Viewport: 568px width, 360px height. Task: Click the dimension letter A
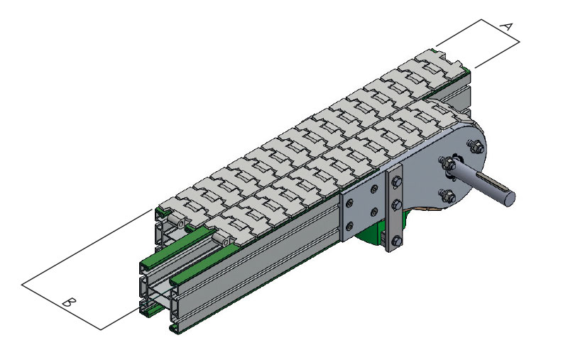point(506,26)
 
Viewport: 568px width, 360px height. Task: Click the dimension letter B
point(68,302)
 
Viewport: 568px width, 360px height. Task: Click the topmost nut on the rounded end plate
point(476,146)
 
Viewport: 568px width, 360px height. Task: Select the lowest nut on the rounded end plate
point(447,195)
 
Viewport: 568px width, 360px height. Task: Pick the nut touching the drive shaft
point(448,163)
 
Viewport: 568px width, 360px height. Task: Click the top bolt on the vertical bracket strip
point(397,182)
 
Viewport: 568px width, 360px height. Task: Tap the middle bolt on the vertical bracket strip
point(397,204)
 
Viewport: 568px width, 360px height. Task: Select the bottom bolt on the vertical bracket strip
point(397,241)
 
